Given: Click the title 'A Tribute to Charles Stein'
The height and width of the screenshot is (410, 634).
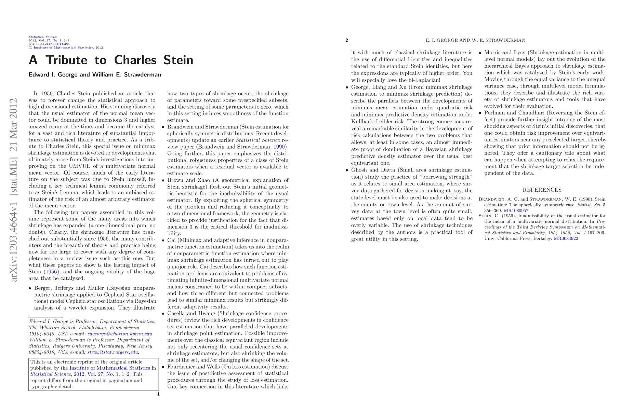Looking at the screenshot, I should tap(111, 60).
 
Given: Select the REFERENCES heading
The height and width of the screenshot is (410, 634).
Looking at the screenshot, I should tap(542, 190).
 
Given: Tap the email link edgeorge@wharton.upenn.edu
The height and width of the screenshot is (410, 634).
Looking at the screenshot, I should tap(120, 334).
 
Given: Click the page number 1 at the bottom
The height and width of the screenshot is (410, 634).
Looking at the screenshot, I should tap(158, 394).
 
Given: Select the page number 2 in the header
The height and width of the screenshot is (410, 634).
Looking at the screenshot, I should tap(347, 40).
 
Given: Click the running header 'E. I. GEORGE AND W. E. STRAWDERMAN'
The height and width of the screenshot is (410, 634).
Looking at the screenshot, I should tap(475, 40).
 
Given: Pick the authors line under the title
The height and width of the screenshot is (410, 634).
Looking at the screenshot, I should tap(95, 75).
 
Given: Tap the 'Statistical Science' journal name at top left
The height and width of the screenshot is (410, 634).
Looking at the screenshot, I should tap(43, 37).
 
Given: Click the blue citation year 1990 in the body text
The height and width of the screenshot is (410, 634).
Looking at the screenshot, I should tap(279, 147).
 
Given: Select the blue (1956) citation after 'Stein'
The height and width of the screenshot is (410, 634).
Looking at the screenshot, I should tap(51, 272).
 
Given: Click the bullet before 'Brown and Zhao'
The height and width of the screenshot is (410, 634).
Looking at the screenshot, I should tap(163, 180).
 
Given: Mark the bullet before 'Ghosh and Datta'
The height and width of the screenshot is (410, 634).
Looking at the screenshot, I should tap(347, 170).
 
